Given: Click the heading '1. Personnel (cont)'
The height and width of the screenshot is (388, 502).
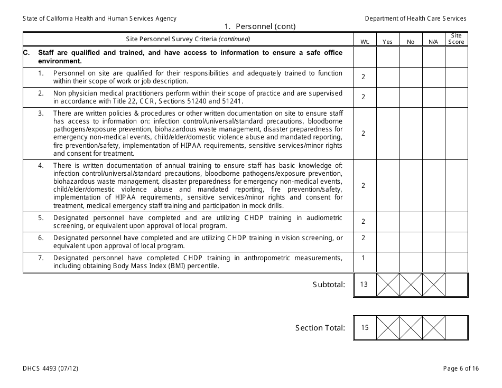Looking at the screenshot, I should (259, 26).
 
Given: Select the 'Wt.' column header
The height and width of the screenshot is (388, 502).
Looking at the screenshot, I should (365, 42).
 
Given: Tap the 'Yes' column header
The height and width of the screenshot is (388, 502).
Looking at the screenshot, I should (387, 42).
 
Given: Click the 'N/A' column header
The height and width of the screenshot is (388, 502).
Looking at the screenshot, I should (433, 42).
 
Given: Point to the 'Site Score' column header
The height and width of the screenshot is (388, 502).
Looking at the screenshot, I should (456, 39).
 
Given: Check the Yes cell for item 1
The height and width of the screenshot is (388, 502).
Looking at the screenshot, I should (387, 77).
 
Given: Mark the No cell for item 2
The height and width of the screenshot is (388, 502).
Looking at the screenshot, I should (411, 97).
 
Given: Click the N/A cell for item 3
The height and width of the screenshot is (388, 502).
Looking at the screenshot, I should (433, 133).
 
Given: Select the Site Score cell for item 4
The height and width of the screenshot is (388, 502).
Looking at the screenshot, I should (456, 185).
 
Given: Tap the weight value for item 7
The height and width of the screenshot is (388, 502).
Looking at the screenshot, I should (364, 258).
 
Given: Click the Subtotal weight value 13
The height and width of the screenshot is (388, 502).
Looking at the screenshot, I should (364, 285).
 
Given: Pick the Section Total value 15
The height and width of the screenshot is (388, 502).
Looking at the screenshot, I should (365, 328).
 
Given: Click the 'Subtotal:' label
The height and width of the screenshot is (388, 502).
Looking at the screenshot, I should (329, 285).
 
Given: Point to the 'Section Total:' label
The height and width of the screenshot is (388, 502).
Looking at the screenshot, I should (320, 328).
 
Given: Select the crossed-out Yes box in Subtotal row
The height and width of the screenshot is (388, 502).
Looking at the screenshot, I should (387, 285).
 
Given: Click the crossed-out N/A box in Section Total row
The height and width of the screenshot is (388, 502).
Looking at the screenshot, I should (433, 328).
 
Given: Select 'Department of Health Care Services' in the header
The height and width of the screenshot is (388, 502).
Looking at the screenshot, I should (415, 18).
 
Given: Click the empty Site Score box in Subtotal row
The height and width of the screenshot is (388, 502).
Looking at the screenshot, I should (456, 285).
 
